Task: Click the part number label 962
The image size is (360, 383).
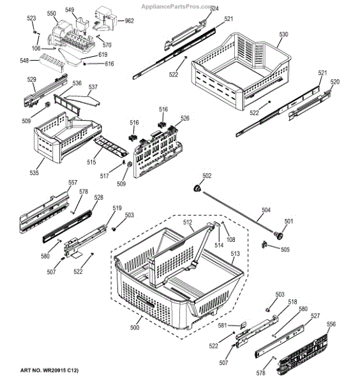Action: coord(129,21)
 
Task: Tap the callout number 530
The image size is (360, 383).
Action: coord(283,34)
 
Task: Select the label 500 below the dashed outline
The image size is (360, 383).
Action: coord(135,327)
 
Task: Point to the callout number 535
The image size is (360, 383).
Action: coord(34,173)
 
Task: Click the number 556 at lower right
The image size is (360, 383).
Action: coord(331,324)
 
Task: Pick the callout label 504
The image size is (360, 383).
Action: coord(266,210)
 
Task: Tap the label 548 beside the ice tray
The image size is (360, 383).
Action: coord(24,61)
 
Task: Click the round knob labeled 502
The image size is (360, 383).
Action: coord(197,188)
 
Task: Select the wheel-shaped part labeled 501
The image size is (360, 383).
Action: coord(278,235)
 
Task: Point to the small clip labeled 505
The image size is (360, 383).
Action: coord(264,244)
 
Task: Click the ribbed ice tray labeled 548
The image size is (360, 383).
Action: coord(52,63)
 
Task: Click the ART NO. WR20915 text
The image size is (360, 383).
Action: coord(49,370)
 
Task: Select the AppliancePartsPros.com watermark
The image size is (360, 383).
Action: coord(177,6)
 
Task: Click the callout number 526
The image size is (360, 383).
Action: coord(185,118)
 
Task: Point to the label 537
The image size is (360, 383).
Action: coord(93,87)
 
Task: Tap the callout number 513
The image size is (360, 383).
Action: coord(235,253)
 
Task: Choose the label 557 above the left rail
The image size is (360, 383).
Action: coord(73,183)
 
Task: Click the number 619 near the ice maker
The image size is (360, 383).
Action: coord(103,54)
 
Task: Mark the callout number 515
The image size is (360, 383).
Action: coord(91,162)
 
